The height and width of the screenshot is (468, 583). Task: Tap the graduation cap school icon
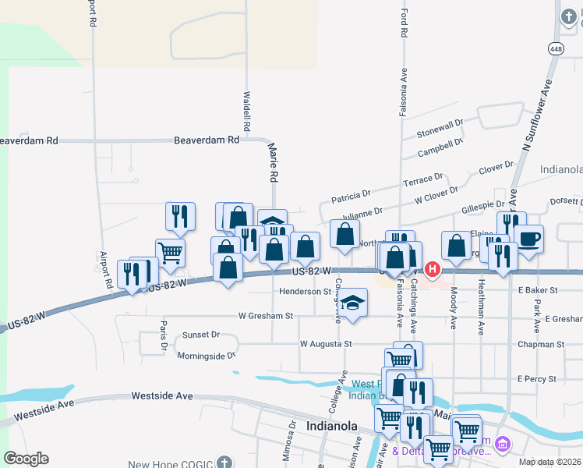[x=353, y=302]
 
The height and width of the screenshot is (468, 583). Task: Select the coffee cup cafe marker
[x=529, y=238]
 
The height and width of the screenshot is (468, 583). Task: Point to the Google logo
[x=26, y=459]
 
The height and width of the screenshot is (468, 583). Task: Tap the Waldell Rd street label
[x=246, y=111]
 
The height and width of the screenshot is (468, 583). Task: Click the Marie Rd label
[x=273, y=162]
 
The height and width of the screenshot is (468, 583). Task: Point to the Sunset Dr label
[x=201, y=335]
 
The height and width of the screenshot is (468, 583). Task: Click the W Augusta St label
[x=327, y=343]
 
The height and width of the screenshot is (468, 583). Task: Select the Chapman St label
[x=541, y=344]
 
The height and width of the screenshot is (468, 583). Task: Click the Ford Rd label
[x=405, y=23]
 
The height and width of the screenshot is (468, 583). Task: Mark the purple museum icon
[x=503, y=445]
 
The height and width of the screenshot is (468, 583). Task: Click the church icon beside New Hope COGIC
[x=225, y=462]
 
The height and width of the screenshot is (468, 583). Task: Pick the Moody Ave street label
[x=453, y=307]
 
